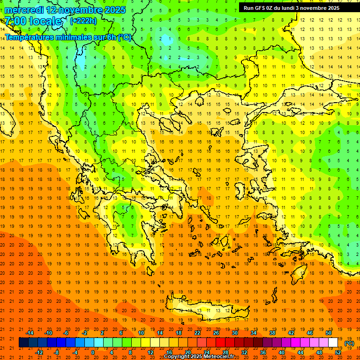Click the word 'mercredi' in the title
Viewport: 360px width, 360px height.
(x=24, y=10)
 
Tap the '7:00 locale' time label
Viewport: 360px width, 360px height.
(x=33, y=21)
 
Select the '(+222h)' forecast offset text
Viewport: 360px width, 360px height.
(x=83, y=21)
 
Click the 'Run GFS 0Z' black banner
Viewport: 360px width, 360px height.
(x=295, y=7)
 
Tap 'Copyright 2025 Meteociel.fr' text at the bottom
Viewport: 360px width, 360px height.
(x=199, y=357)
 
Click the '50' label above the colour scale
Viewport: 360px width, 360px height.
(x=329, y=333)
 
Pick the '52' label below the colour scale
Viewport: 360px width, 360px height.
(x=338, y=352)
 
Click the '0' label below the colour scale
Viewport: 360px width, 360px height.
(x=93, y=352)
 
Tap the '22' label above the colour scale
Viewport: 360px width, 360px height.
(x=197, y=333)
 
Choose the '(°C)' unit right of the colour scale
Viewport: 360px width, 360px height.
(x=349, y=343)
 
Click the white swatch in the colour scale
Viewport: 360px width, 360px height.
(x=333, y=343)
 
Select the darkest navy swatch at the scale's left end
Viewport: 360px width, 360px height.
(x=23, y=343)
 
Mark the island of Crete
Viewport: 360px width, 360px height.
(x=206, y=309)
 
